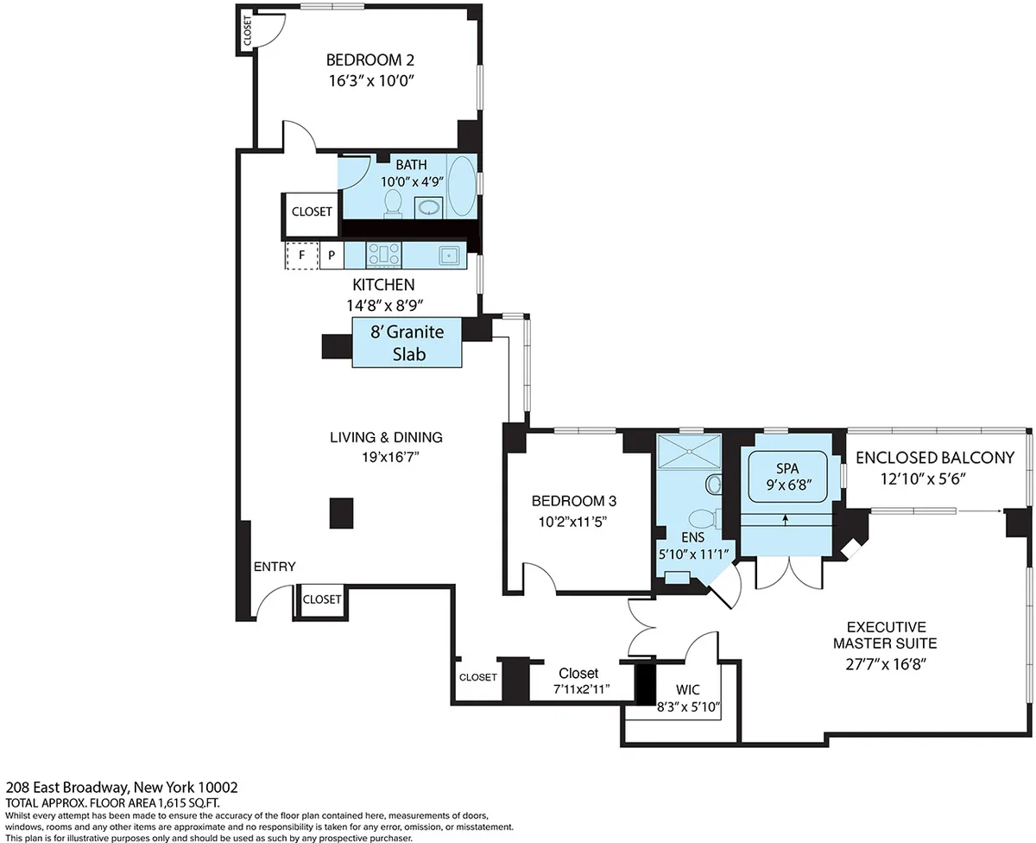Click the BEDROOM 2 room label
pyautogui.click(x=370, y=60)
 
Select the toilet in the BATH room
pyautogui.click(x=394, y=202)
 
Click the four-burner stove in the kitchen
pyautogui.click(x=384, y=255)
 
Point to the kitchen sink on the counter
pyautogui.click(x=448, y=255)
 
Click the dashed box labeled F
pyautogui.click(x=302, y=256)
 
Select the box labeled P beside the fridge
pyautogui.click(x=331, y=256)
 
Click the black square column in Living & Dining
pyautogui.click(x=342, y=512)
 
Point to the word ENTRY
pyautogui.click(x=275, y=567)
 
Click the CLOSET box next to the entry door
pyautogui.click(x=322, y=599)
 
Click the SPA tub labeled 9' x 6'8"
pyautogui.click(x=788, y=478)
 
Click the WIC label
pyautogui.click(x=689, y=689)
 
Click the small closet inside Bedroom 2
pyautogui.click(x=248, y=31)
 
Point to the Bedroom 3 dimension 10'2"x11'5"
pyautogui.click(x=574, y=522)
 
